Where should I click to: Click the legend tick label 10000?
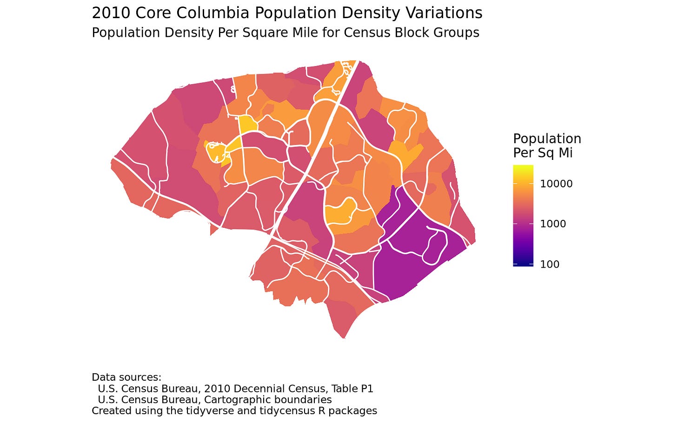[x=556, y=184]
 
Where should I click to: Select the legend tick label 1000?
[x=553, y=224]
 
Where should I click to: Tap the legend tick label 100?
[x=550, y=264]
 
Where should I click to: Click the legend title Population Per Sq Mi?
[x=547, y=145]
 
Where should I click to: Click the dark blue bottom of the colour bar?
[x=523, y=264]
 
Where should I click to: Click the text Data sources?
[x=126, y=377]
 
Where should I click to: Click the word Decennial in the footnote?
[x=258, y=388]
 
